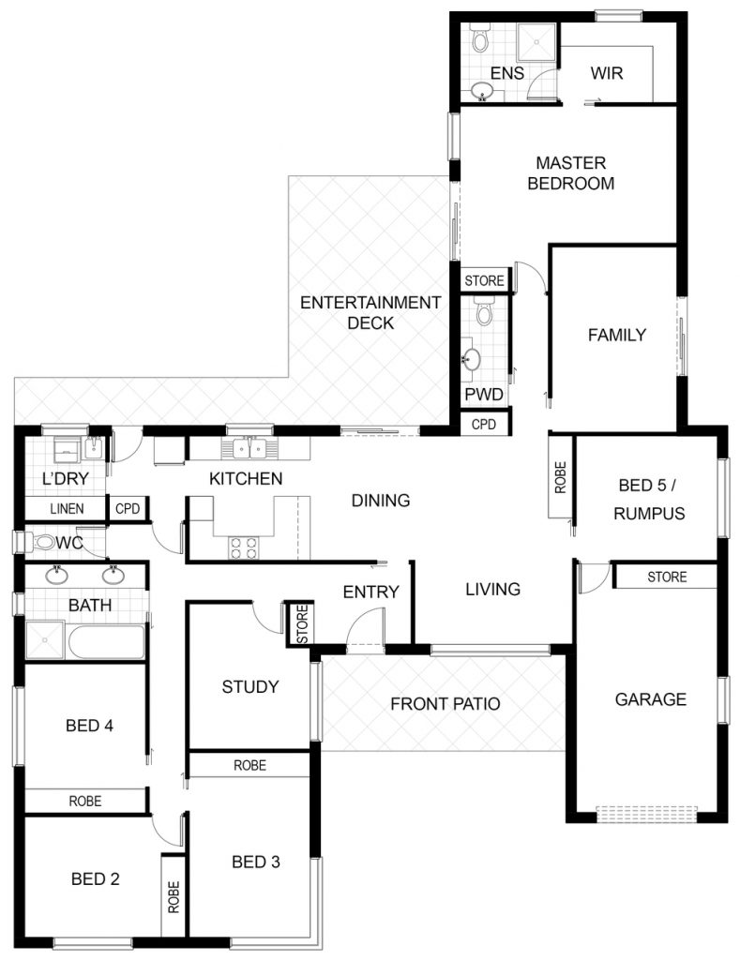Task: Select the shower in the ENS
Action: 536,42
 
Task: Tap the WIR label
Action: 607,73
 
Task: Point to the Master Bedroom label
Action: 571,173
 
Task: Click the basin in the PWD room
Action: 471,359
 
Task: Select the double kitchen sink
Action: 249,449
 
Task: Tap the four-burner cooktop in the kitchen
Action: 243,547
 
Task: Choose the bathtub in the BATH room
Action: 106,641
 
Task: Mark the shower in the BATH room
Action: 45,639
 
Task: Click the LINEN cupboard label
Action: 67,508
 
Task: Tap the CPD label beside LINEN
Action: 128,508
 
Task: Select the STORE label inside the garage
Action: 667,577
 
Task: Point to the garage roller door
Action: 646,814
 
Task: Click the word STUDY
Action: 249,687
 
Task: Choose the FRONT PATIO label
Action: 446,704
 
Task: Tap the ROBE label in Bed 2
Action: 174,897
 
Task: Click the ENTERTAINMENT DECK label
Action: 370,312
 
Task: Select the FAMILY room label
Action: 617,335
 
